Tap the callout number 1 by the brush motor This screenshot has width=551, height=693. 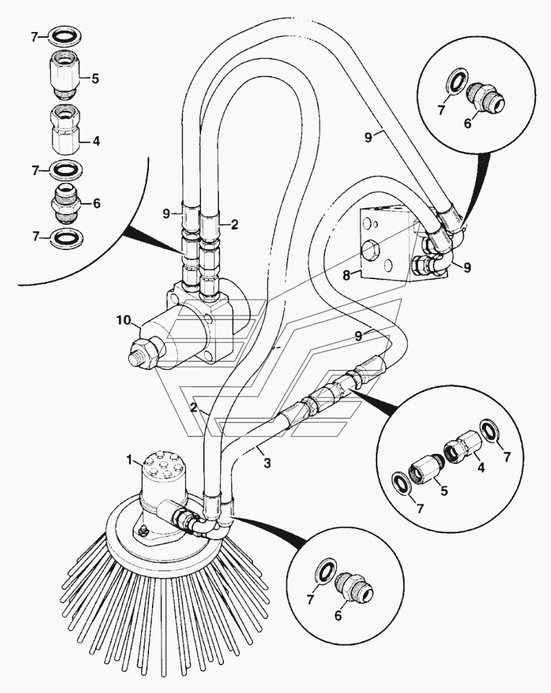(x=129, y=461)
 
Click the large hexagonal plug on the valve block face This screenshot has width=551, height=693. (x=369, y=251)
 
